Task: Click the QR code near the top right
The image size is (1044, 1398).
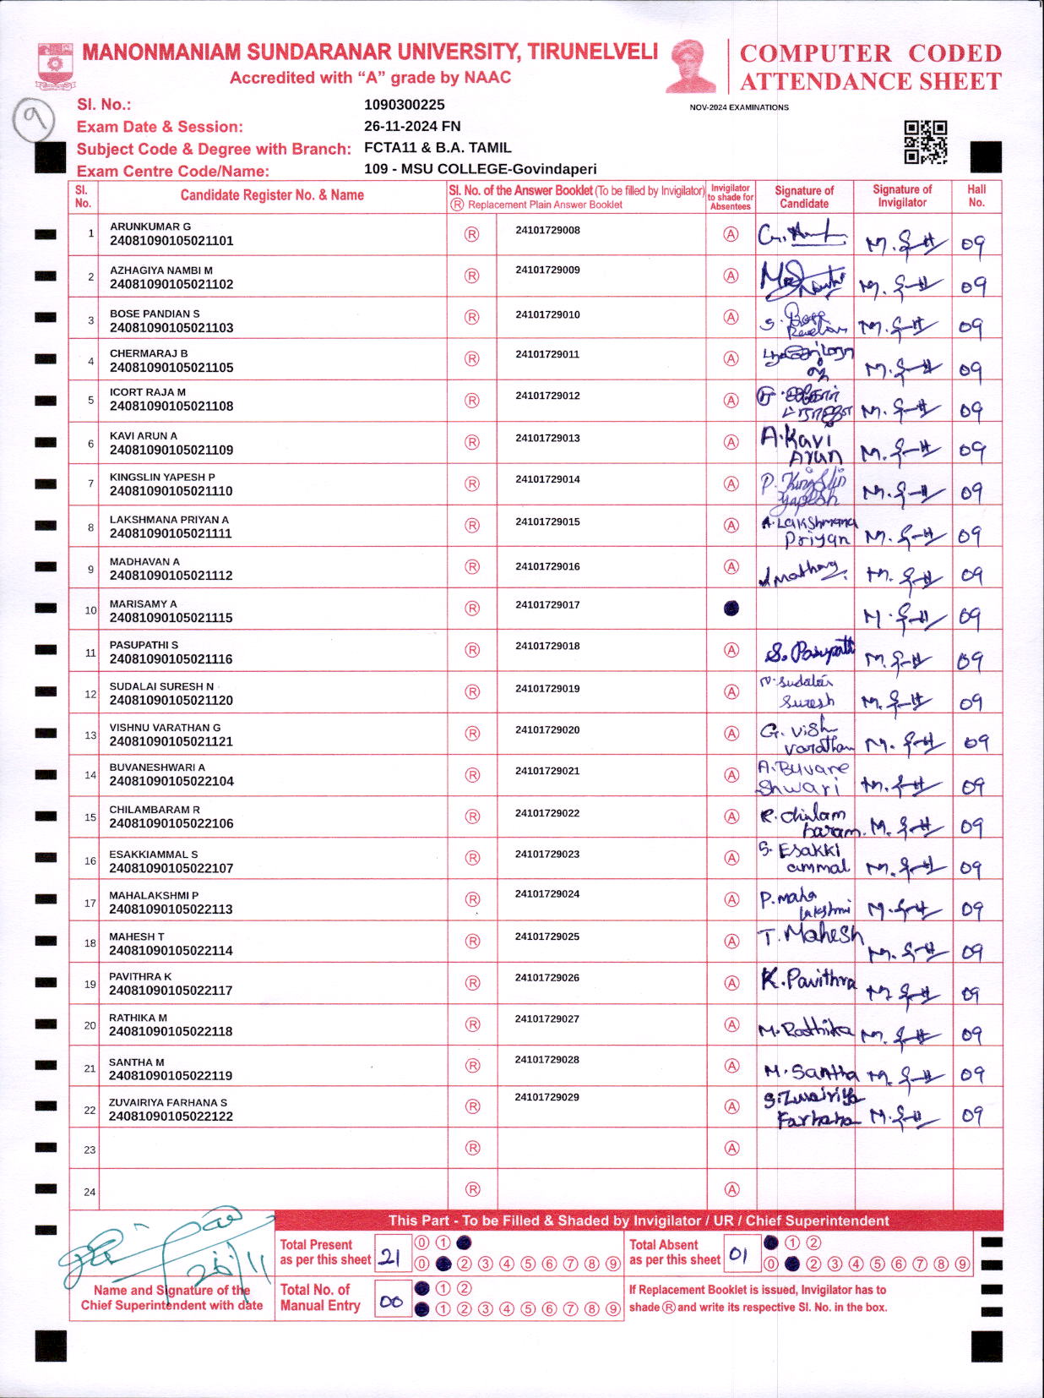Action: pyautogui.click(x=925, y=142)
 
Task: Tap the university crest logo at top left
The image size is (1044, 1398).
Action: pyautogui.click(x=56, y=67)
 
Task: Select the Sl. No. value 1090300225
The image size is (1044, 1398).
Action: pyautogui.click(x=404, y=105)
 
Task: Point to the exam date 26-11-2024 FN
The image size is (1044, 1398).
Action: pyautogui.click(x=412, y=126)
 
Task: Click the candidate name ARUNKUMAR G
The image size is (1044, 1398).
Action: pyautogui.click(x=150, y=227)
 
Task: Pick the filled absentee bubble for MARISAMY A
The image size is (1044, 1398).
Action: pyautogui.click(x=731, y=608)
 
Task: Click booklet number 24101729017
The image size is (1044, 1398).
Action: pyautogui.click(x=547, y=605)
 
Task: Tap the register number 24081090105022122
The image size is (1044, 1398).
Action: pyautogui.click(x=171, y=1117)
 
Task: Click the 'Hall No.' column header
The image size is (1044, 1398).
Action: pyautogui.click(x=976, y=196)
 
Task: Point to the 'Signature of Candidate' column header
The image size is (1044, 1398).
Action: pyautogui.click(x=804, y=197)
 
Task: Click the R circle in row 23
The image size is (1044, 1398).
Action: pyautogui.click(x=473, y=1148)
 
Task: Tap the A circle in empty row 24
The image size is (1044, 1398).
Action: pyautogui.click(x=731, y=1189)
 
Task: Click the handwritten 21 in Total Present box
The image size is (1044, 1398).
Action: pyautogui.click(x=389, y=1258)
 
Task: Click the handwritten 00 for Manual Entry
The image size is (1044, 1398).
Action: pyautogui.click(x=390, y=1302)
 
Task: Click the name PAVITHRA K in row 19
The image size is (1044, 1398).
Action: pyautogui.click(x=140, y=976)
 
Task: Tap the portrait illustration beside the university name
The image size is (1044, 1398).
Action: pyautogui.click(x=691, y=65)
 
